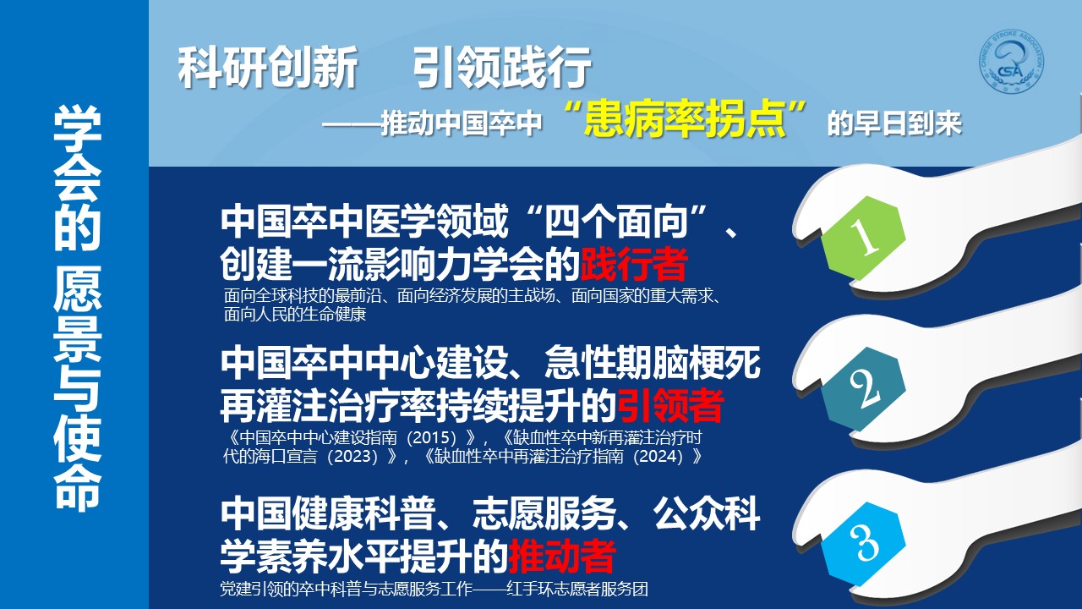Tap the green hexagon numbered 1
coord(863,238)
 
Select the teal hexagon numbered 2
coord(863,389)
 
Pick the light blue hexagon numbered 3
coord(863,544)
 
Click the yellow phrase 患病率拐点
coord(685,118)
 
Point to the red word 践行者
coord(634,264)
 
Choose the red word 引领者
coord(670,405)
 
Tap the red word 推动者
coord(562,556)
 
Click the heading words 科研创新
coord(268,67)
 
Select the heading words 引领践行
coord(502,67)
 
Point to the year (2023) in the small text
coord(352,456)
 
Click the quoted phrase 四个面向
coord(616,222)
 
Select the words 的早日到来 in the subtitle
coord(894,123)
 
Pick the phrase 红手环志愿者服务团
coord(577,589)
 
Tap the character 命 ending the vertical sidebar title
coord(77,486)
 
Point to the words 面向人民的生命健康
coord(295,314)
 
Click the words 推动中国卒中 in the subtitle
coord(462,123)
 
